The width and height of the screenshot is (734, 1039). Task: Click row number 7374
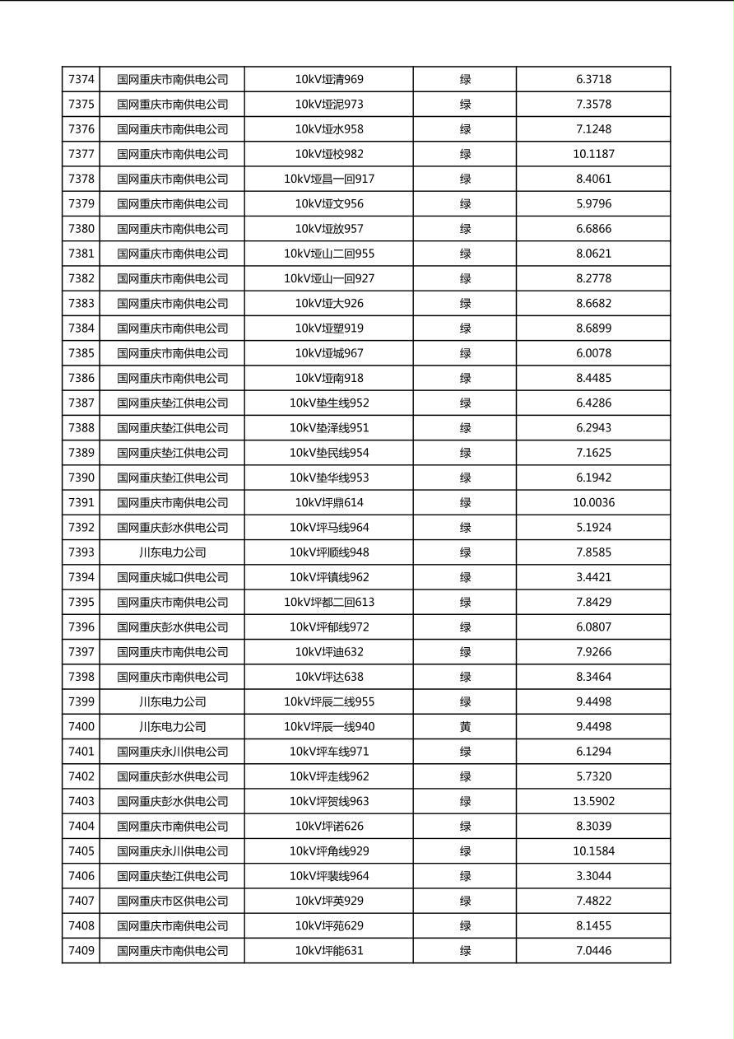click(81, 80)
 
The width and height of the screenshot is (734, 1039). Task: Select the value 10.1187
click(593, 154)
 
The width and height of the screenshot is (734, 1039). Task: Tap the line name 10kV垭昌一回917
click(329, 179)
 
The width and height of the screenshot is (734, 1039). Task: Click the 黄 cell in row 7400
click(465, 727)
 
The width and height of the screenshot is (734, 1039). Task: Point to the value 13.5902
click(593, 801)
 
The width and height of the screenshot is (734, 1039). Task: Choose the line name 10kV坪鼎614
click(329, 503)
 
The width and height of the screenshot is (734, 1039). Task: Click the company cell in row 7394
click(172, 577)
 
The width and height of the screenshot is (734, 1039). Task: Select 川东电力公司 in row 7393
click(172, 552)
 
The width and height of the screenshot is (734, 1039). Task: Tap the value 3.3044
click(593, 876)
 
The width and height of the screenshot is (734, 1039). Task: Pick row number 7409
click(81, 951)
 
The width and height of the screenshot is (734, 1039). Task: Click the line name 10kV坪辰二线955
click(329, 702)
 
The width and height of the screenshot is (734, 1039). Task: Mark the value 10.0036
click(593, 503)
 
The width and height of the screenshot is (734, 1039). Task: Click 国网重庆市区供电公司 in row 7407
click(172, 901)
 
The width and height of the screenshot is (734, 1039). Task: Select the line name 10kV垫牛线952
click(329, 403)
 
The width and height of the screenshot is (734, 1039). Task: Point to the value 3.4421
click(593, 577)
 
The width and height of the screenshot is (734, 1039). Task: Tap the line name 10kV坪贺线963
click(329, 801)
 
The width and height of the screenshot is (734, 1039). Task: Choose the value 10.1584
click(593, 851)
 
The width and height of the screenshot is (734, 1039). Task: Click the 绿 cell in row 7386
click(465, 379)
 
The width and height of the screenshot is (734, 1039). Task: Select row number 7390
click(81, 478)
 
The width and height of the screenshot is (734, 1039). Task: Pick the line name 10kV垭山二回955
click(329, 254)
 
